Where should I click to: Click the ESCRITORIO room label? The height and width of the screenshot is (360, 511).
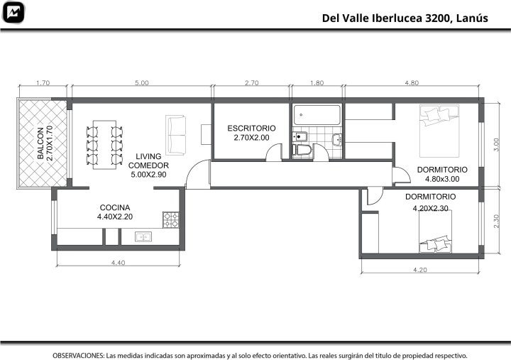click(x=251, y=128)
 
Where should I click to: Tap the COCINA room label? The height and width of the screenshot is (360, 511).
click(x=115, y=207)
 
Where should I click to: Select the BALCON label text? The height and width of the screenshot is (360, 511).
click(x=40, y=143)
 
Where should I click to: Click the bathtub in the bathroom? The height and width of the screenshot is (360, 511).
click(x=317, y=115)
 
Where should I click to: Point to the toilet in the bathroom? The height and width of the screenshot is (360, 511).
click(x=302, y=150)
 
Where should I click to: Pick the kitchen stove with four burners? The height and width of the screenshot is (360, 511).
click(x=171, y=220)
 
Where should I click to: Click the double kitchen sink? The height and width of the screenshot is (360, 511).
click(x=143, y=236)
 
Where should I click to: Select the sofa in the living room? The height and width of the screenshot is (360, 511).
click(x=175, y=135)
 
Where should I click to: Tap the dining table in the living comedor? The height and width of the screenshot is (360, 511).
click(x=104, y=145)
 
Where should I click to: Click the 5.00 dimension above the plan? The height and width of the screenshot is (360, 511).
click(x=142, y=83)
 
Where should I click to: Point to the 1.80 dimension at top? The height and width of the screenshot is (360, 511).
click(x=317, y=83)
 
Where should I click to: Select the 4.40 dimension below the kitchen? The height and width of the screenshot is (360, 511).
click(x=118, y=263)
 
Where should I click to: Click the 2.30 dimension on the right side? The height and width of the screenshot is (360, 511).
click(x=496, y=221)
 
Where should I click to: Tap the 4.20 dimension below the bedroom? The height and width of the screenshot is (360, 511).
click(x=420, y=270)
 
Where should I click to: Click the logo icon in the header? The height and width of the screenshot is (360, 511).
click(x=13, y=12)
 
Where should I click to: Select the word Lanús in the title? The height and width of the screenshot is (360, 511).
click(x=472, y=18)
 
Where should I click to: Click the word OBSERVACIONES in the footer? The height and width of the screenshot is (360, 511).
click(x=79, y=355)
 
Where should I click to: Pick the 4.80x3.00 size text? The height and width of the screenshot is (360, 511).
click(x=442, y=179)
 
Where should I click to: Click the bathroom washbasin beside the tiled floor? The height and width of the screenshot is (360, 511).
click(x=337, y=139)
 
